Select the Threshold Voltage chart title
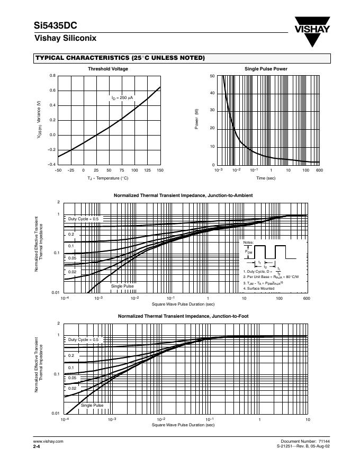pos(108,69)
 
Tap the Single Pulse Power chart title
pos(266,69)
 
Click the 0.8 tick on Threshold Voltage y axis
pos(52,76)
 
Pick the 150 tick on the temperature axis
pos(160,170)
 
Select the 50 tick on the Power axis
pos(212,76)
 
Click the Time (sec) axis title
pos(266,178)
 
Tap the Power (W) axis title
pos(197,120)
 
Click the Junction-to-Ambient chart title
pos(183,195)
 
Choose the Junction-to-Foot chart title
pos(183,316)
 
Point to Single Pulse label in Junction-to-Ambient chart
pos(122,286)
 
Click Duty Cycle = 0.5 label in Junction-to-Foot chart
pos(83,339)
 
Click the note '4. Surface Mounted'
pos(259,288)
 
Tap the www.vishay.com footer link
pos(48,441)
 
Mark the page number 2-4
pos(37,447)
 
